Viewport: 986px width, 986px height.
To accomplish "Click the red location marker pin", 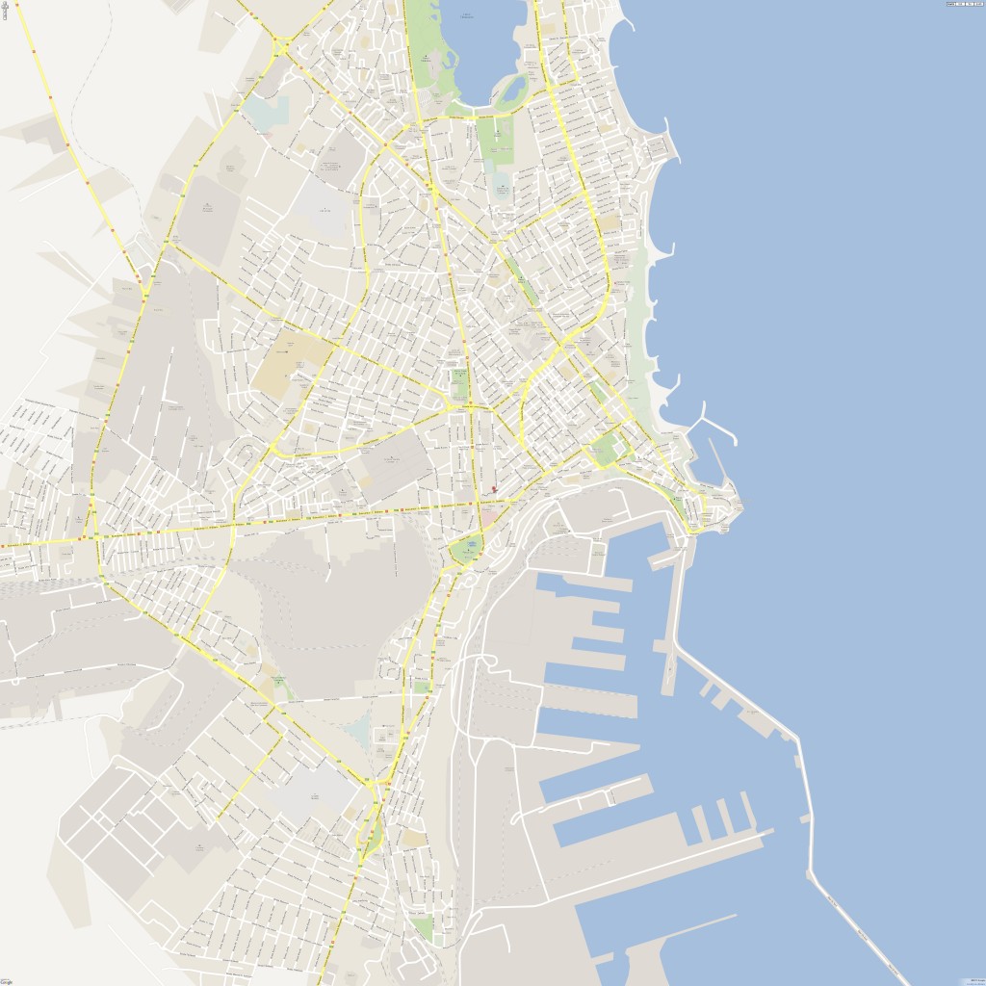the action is [x=494, y=489].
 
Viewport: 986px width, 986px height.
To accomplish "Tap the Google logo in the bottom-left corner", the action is [x=7, y=981].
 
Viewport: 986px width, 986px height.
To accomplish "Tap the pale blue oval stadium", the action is [x=503, y=186].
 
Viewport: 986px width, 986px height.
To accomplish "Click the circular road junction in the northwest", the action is [x=281, y=45].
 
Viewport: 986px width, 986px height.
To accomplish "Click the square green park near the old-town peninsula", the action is [x=608, y=448].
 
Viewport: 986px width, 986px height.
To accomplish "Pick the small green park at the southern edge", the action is [x=422, y=928].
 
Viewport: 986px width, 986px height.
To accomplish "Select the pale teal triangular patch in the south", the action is [x=358, y=732].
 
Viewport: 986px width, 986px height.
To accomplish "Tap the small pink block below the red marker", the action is [x=490, y=518].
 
